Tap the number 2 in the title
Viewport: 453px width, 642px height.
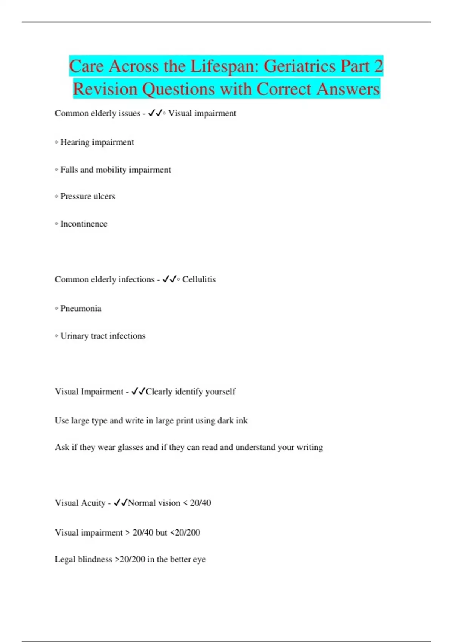click(x=378, y=66)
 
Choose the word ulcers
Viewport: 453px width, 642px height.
click(x=104, y=196)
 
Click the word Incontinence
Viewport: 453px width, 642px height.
click(x=84, y=224)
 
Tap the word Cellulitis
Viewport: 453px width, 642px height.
click(x=199, y=279)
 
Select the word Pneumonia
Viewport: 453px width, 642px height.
click(x=81, y=309)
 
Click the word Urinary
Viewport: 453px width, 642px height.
click(x=74, y=336)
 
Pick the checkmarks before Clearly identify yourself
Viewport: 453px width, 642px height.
click(x=138, y=392)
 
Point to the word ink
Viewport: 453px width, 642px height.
click(x=242, y=420)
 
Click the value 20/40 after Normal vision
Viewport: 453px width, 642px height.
click(x=200, y=503)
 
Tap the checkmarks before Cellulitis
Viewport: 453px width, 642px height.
click(x=169, y=279)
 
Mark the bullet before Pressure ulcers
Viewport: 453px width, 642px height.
click(x=57, y=196)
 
